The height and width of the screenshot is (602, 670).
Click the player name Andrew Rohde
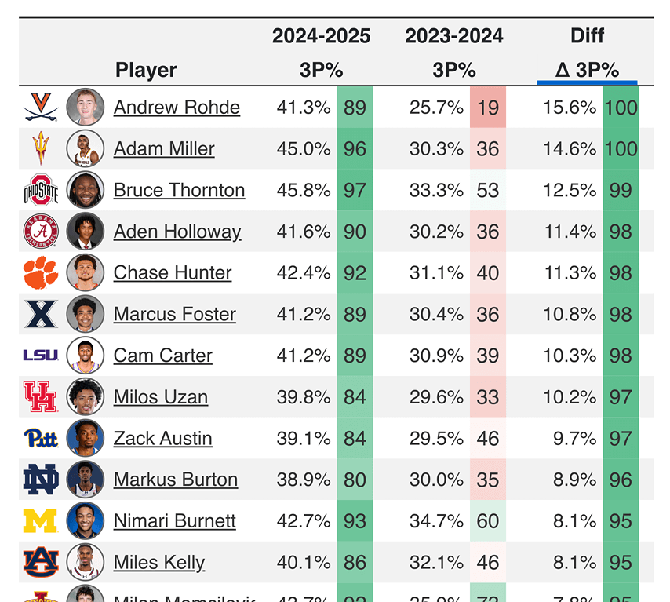point(177,108)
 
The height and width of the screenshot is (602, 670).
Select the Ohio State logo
point(41,190)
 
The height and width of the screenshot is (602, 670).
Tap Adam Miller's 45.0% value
point(304,149)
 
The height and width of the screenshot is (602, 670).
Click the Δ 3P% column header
point(587,70)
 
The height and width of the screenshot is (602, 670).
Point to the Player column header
point(146,70)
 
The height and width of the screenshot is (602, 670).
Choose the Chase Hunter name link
point(173,273)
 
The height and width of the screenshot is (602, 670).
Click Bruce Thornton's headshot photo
point(85,190)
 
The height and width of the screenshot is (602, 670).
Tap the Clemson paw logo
point(41,273)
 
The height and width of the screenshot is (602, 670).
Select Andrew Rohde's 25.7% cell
point(436,108)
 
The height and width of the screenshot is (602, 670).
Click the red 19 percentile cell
point(488,108)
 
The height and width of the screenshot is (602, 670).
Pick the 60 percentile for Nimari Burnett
point(488,521)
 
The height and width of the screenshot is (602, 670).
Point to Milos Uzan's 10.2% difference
point(570,397)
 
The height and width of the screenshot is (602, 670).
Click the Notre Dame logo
point(41,480)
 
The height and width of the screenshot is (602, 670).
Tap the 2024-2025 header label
point(321,36)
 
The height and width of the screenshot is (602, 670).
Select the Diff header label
point(587,36)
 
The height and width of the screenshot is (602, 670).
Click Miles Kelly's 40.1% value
point(304,563)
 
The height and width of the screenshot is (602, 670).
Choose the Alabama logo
point(41,232)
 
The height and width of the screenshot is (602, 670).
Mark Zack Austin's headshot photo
point(85,439)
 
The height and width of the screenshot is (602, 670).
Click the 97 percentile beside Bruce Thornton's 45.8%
point(355,190)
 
